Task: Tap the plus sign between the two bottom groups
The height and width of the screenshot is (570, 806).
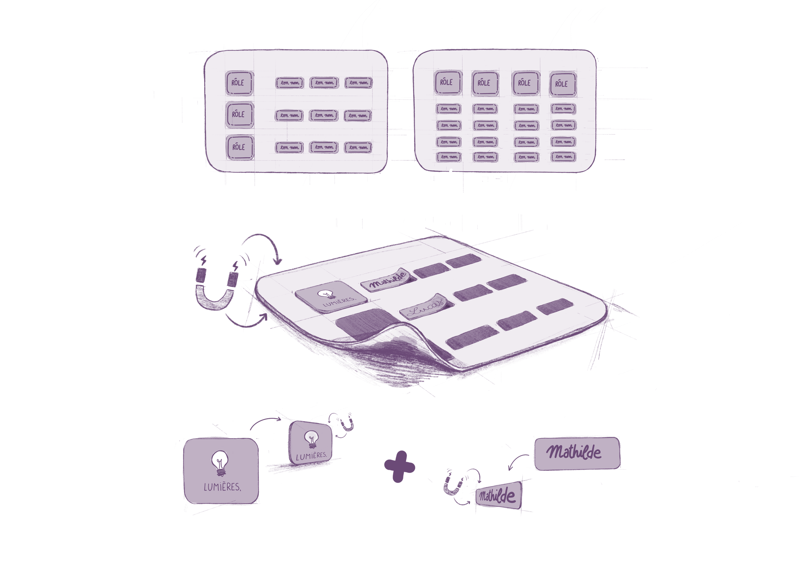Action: (x=399, y=467)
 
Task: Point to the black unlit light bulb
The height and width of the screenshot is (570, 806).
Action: (x=220, y=459)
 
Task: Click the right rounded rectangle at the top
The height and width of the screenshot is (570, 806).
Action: (x=505, y=111)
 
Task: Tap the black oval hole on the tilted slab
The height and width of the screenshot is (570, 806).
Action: (x=325, y=293)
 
